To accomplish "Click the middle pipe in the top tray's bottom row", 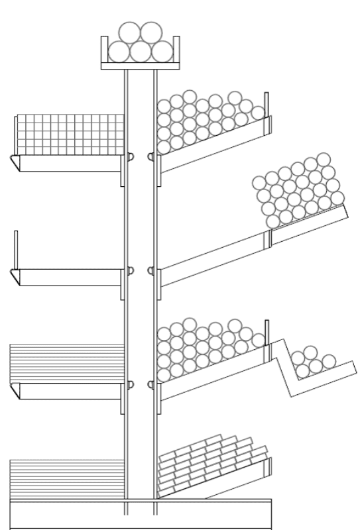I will pyautogui.click(x=140, y=52).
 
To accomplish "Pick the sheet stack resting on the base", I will pyautogui.click(x=67, y=478).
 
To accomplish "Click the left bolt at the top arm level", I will pyautogui.click(x=131, y=156).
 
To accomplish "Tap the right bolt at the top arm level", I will pyautogui.click(x=151, y=156).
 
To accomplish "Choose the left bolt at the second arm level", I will pyautogui.click(x=131, y=270).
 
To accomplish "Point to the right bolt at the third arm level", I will pyautogui.click(x=151, y=384).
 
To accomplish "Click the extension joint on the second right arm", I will pyautogui.click(x=269, y=239).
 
